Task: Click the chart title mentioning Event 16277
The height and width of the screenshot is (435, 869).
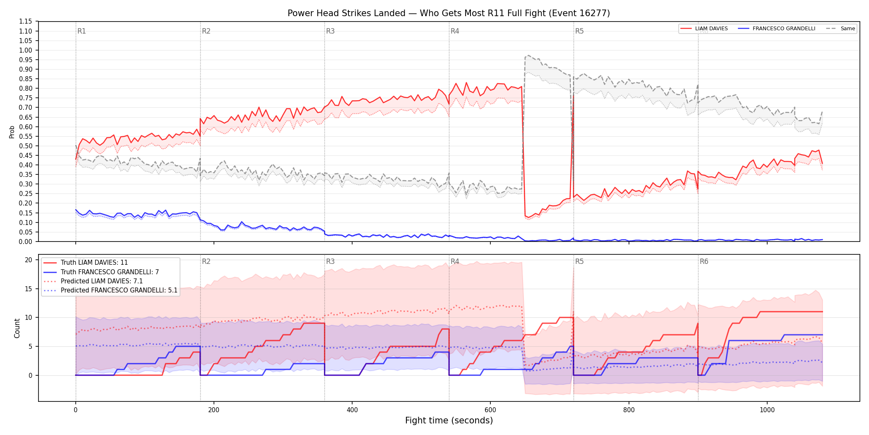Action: [x=449, y=13]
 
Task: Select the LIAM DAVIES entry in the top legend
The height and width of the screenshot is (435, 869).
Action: [x=704, y=29]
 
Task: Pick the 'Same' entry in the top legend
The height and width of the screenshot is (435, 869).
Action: [x=840, y=29]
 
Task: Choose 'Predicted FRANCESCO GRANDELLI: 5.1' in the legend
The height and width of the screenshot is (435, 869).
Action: [x=110, y=290]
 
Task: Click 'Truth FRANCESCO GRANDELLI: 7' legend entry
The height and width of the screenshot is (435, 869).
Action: [x=101, y=272]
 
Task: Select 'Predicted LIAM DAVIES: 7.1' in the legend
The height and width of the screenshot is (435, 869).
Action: [x=93, y=281]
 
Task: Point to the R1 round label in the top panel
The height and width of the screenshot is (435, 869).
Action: [x=82, y=31]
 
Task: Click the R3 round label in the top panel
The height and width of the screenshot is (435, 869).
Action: [x=330, y=31]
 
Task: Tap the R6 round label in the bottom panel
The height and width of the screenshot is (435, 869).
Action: [x=704, y=261]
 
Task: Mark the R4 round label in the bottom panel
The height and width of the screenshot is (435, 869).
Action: [x=455, y=261]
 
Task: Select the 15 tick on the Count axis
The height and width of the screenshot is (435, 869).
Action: [x=29, y=289]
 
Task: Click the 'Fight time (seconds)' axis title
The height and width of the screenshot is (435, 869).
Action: [x=449, y=420]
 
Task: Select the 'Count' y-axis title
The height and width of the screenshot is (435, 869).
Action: [x=17, y=328]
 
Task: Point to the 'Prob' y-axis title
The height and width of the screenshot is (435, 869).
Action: [x=12, y=132]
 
